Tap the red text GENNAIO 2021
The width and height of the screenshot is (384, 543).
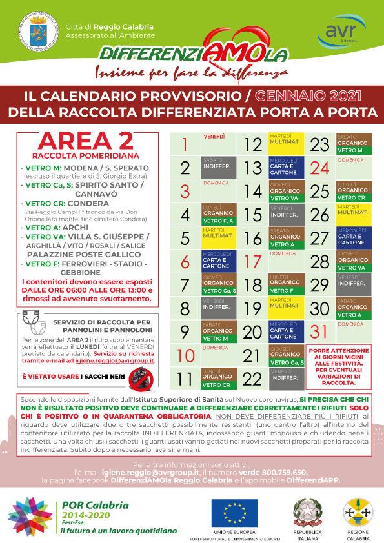click(x=299, y=96)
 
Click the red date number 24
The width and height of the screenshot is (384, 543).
click(x=319, y=168)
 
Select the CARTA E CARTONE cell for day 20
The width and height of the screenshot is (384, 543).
click(x=284, y=331)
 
